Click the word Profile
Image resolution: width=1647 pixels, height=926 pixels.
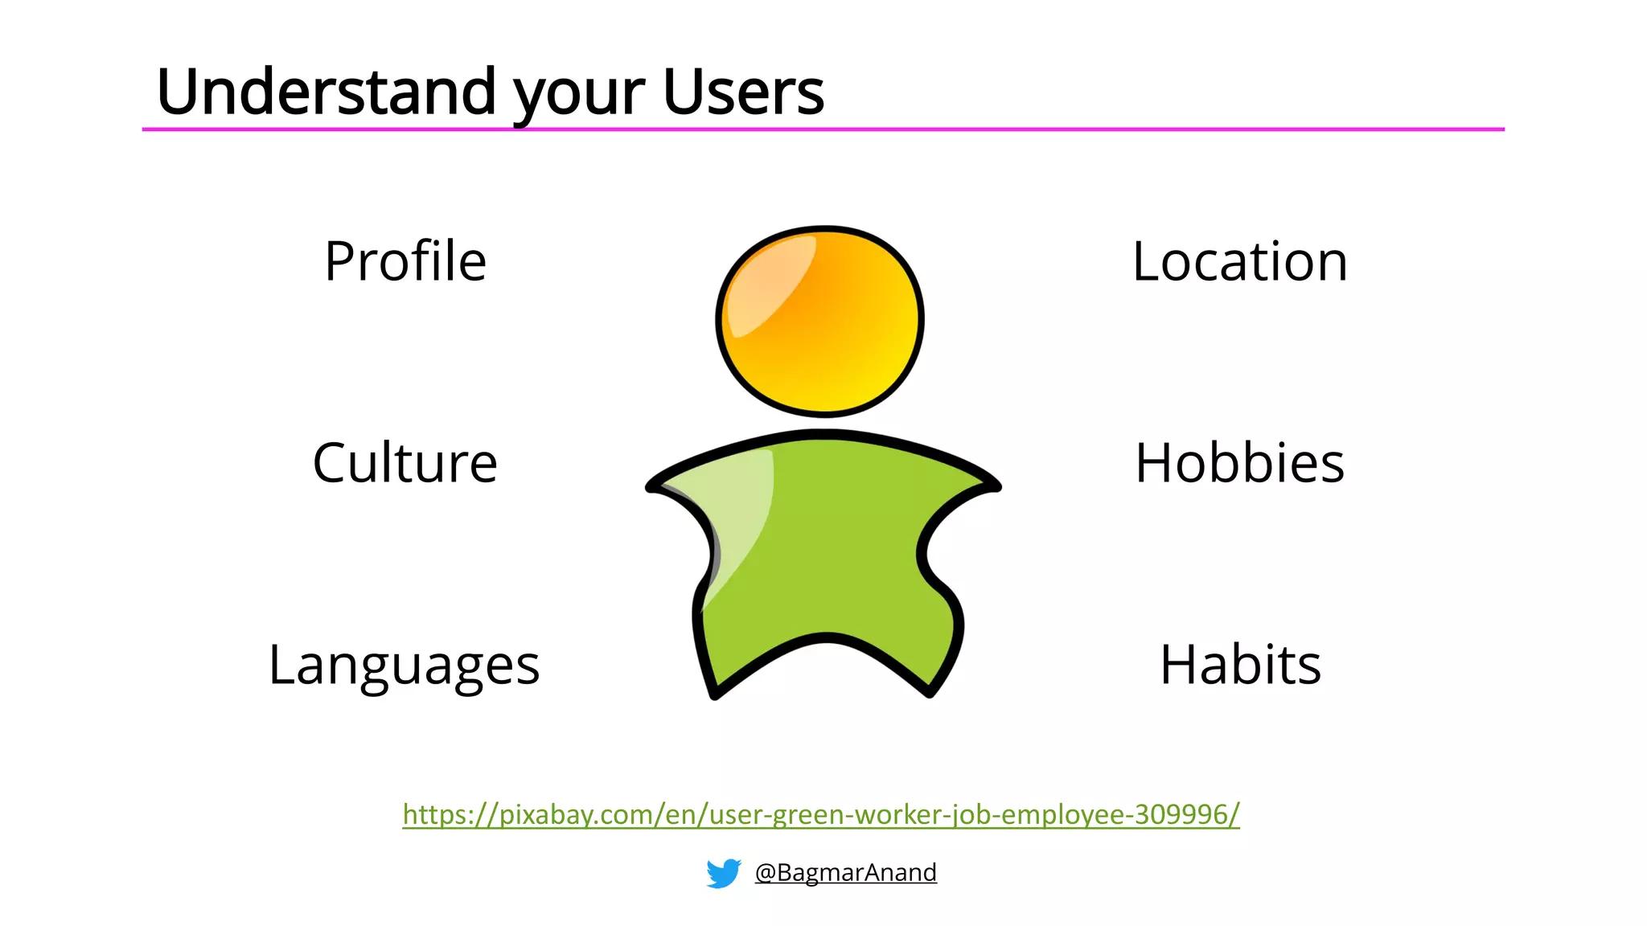pos(405,262)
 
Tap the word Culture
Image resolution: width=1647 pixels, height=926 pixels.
pos(405,464)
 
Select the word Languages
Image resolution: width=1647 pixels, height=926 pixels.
pos(404,666)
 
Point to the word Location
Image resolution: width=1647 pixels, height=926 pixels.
pos(1239,262)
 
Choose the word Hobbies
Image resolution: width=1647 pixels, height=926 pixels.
pos(1239,464)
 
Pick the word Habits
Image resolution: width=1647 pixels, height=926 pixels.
pos(1240,666)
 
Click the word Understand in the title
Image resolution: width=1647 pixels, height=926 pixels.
pos(327,92)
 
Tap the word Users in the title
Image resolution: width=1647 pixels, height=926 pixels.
pos(743,92)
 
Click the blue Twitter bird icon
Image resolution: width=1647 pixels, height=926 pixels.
pos(723,873)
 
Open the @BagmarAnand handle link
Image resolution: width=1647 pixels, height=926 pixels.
pos(845,872)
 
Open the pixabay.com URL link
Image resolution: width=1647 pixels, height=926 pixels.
pos(821,814)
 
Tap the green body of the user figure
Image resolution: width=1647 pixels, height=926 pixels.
pos(828,555)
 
